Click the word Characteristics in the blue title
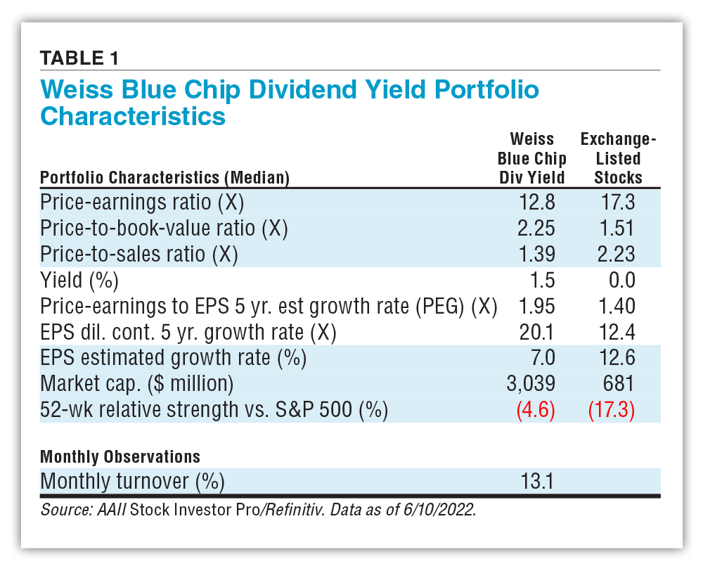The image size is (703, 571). coord(133,115)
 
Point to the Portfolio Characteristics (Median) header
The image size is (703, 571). coord(165,178)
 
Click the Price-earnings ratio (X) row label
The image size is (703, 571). coord(142,203)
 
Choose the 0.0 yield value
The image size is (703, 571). coord(622,281)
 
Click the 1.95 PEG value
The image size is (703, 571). coord(537,307)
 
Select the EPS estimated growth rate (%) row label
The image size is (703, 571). coord(174,358)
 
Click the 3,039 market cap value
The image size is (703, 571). coord(532,384)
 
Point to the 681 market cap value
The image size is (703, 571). coord(621,384)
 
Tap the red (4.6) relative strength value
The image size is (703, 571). coord(536,410)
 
